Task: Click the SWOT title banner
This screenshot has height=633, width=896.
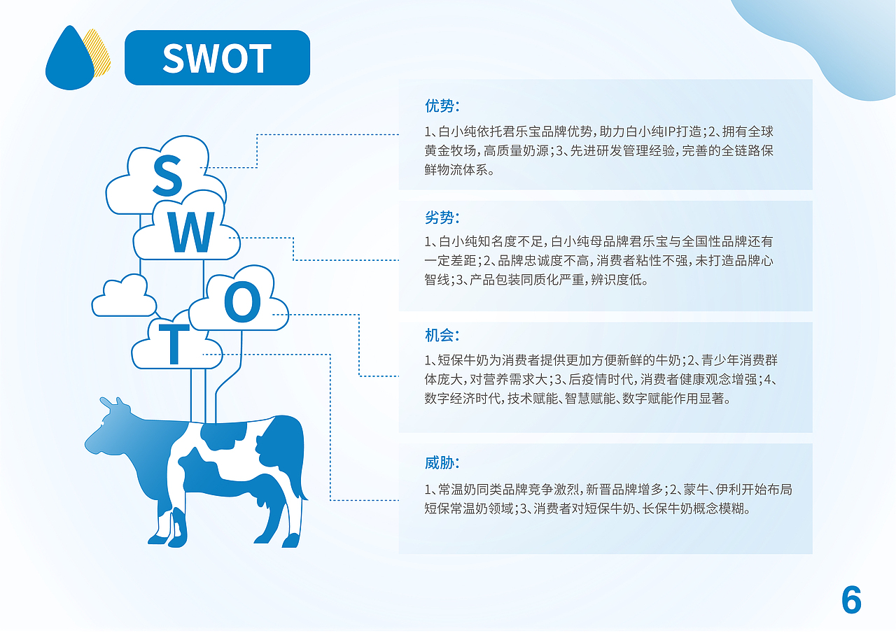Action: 217,57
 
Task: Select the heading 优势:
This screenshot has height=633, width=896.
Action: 442,106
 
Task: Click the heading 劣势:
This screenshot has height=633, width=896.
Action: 442,218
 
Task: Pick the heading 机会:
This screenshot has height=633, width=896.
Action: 442,335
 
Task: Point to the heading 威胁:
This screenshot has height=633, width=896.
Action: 442,463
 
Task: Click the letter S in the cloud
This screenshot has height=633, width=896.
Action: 167,175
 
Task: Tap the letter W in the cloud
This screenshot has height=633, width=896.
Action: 192,232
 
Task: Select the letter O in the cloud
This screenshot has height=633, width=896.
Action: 242,301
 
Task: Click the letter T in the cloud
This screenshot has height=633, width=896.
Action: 174,344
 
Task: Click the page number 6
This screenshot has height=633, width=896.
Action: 851,600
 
